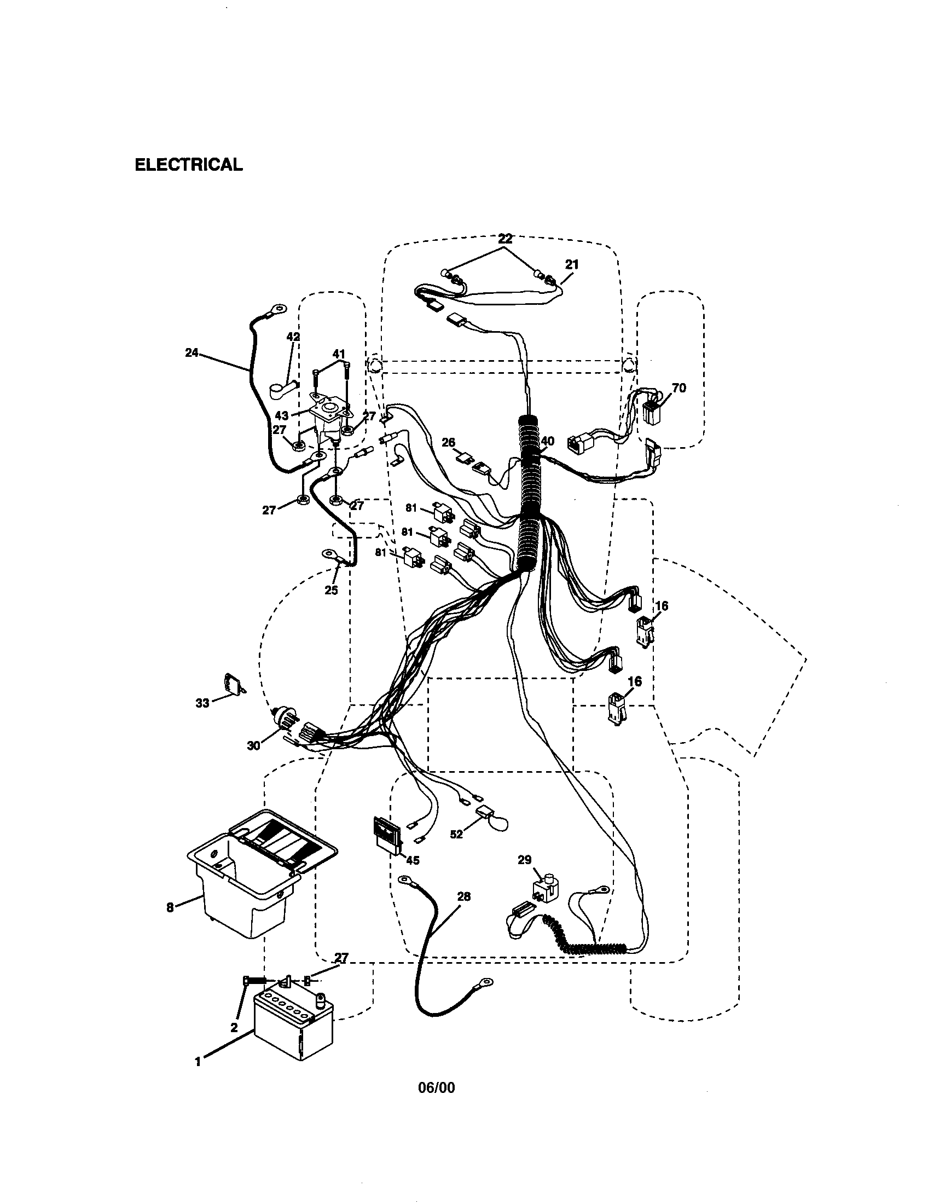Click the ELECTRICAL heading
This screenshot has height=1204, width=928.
click(188, 165)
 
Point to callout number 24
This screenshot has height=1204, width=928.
click(191, 353)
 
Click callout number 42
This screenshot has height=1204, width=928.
click(293, 337)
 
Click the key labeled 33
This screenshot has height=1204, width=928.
click(233, 684)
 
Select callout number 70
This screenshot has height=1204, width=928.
click(679, 388)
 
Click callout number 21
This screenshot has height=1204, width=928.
click(572, 265)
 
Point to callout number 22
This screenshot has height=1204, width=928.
click(505, 239)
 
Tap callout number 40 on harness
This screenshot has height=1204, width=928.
click(547, 441)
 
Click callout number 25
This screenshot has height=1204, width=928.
click(330, 591)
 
